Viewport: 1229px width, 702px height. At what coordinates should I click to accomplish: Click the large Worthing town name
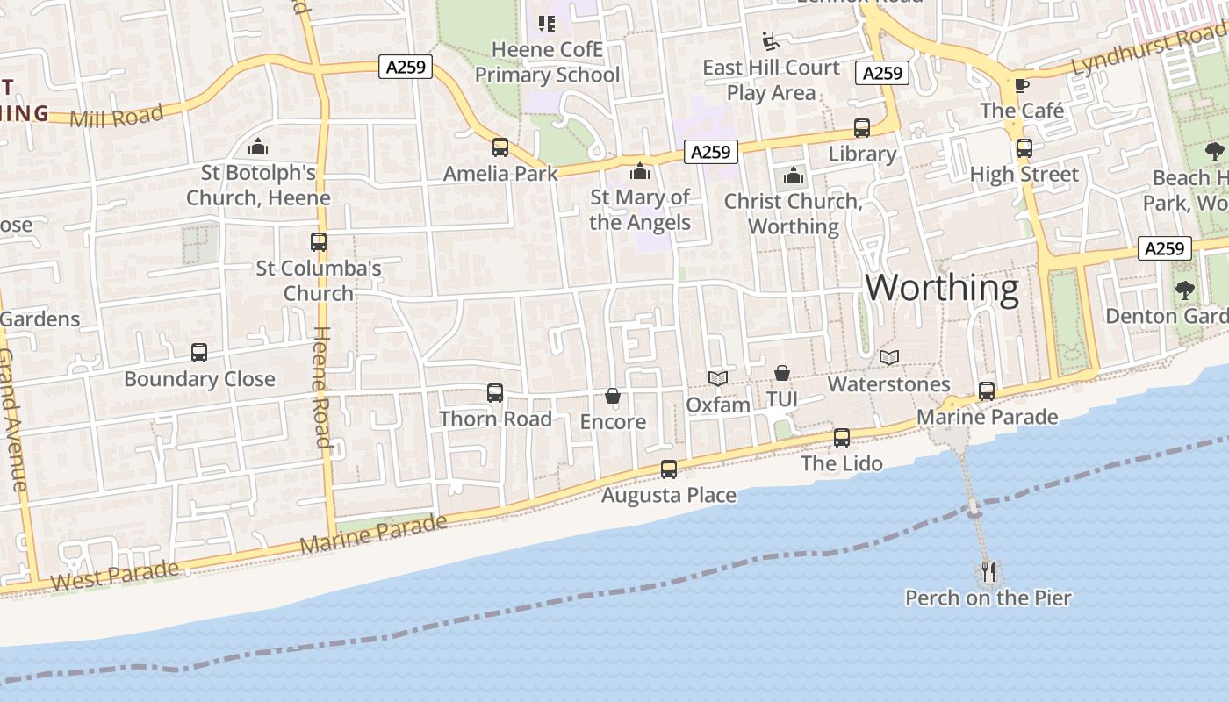(x=942, y=288)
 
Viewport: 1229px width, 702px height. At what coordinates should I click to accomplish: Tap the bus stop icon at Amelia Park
(x=500, y=147)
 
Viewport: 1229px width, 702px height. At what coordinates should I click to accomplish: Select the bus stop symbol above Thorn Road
(x=495, y=393)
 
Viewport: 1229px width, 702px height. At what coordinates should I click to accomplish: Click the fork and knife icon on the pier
(x=988, y=572)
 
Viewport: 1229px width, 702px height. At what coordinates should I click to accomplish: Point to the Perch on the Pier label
(x=988, y=598)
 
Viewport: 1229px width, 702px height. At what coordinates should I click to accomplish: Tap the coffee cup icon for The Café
(x=1021, y=85)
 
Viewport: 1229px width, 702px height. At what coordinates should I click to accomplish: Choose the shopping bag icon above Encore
(x=613, y=397)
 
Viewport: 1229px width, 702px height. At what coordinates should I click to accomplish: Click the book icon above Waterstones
(x=889, y=358)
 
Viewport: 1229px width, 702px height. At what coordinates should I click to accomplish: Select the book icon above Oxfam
(x=718, y=378)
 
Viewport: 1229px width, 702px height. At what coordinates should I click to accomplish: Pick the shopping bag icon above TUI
(x=781, y=374)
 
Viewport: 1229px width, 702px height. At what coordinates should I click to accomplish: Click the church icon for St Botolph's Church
(x=258, y=147)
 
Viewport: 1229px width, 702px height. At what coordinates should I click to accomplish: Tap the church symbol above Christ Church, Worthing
(x=794, y=175)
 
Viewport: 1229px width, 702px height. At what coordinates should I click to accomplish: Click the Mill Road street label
(x=117, y=116)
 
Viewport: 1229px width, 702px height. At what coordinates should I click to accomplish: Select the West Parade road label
(x=115, y=575)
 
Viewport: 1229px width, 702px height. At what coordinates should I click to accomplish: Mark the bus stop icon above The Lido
(x=842, y=437)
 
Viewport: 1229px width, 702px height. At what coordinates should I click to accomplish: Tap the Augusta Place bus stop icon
(x=669, y=469)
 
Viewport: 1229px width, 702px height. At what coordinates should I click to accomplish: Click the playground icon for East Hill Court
(x=770, y=41)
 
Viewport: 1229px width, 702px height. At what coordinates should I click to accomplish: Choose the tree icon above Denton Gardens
(x=1185, y=290)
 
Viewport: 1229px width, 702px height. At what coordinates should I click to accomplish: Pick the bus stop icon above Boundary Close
(x=199, y=353)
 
